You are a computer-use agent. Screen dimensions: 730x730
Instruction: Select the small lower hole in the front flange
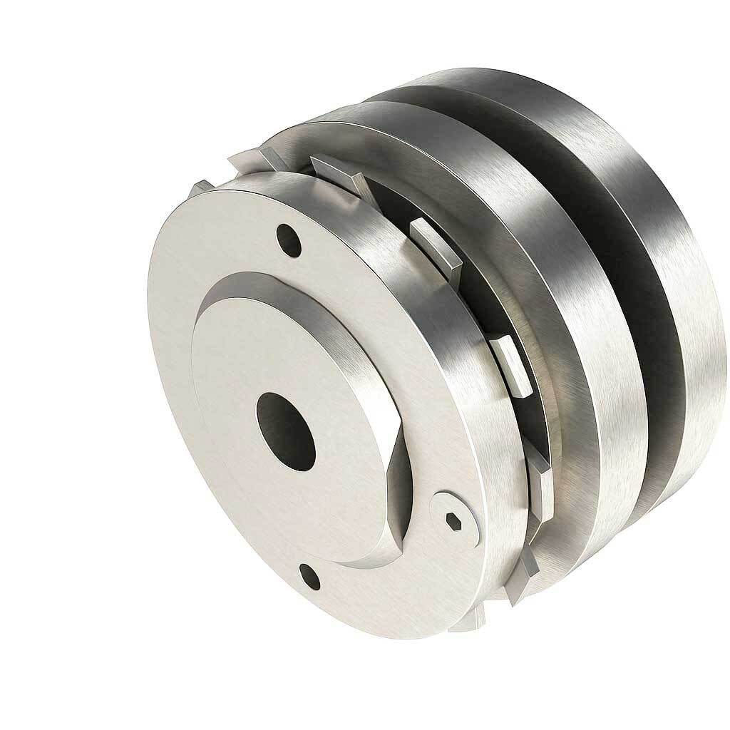click(309, 572)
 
